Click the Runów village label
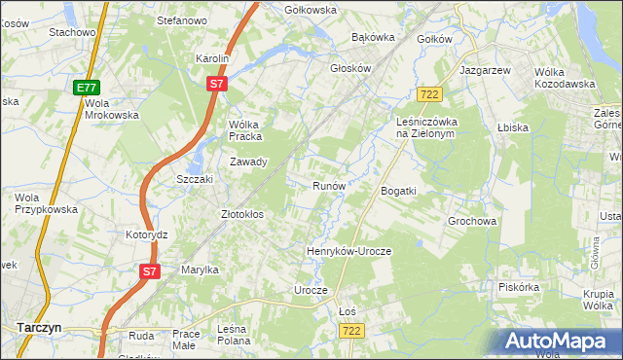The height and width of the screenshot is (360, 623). click(x=329, y=185)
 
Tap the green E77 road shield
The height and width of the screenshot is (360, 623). click(x=86, y=88)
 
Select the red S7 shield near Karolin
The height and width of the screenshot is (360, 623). click(x=217, y=85)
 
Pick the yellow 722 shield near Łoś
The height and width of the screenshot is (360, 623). click(x=353, y=332)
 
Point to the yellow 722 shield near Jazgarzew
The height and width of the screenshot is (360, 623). click(x=429, y=93)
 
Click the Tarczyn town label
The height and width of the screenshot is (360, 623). click(x=40, y=328)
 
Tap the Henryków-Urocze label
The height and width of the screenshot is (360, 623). click(x=348, y=251)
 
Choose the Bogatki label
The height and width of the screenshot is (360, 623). click(x=398, y=191)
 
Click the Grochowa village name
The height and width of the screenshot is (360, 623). click(x=472, y=221)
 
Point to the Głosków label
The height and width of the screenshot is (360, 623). click(x=351, y=69)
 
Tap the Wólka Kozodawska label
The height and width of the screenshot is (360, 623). click(x=565, y=77)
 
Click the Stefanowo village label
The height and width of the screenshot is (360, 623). click(x=184, y=19)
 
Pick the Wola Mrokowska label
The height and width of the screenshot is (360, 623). click(x=112, y=108)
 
